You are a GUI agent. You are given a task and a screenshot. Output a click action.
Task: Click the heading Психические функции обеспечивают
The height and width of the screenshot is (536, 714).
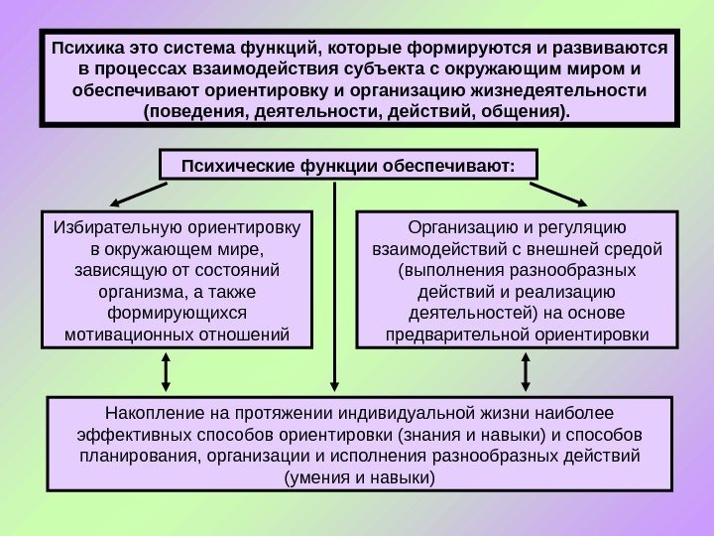pyautogui.click(x=349, y=165)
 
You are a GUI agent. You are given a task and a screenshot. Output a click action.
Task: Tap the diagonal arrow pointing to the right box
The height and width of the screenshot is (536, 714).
pyautogui.click(x=564, y=192)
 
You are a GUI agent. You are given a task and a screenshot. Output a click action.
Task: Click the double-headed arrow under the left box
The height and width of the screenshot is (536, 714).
pyautogui.click(x=166, y=372)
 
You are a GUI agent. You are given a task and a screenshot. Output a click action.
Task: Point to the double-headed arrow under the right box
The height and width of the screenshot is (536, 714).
pyautogui.click(x=526, y=372)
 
